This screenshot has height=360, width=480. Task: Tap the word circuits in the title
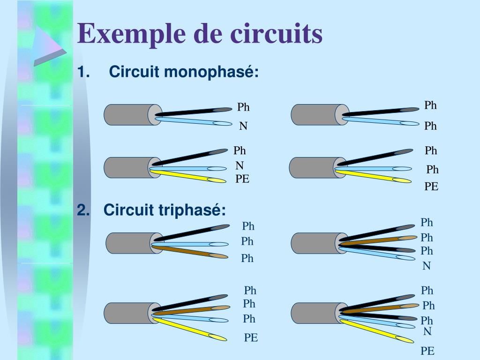277,33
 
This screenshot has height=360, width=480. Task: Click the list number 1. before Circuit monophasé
83,72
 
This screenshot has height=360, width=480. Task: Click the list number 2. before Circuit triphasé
83,210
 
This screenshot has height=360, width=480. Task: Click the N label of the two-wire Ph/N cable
243,126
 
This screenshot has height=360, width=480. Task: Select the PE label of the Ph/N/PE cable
242,179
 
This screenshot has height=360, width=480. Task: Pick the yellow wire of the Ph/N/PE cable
187,176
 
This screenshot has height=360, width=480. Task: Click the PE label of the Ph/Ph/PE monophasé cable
431,187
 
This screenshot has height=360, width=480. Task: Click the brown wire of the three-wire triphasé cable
190,251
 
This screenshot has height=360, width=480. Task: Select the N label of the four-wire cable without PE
427,266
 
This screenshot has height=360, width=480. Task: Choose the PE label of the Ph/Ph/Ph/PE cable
251,337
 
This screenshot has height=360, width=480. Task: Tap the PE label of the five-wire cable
427,351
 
